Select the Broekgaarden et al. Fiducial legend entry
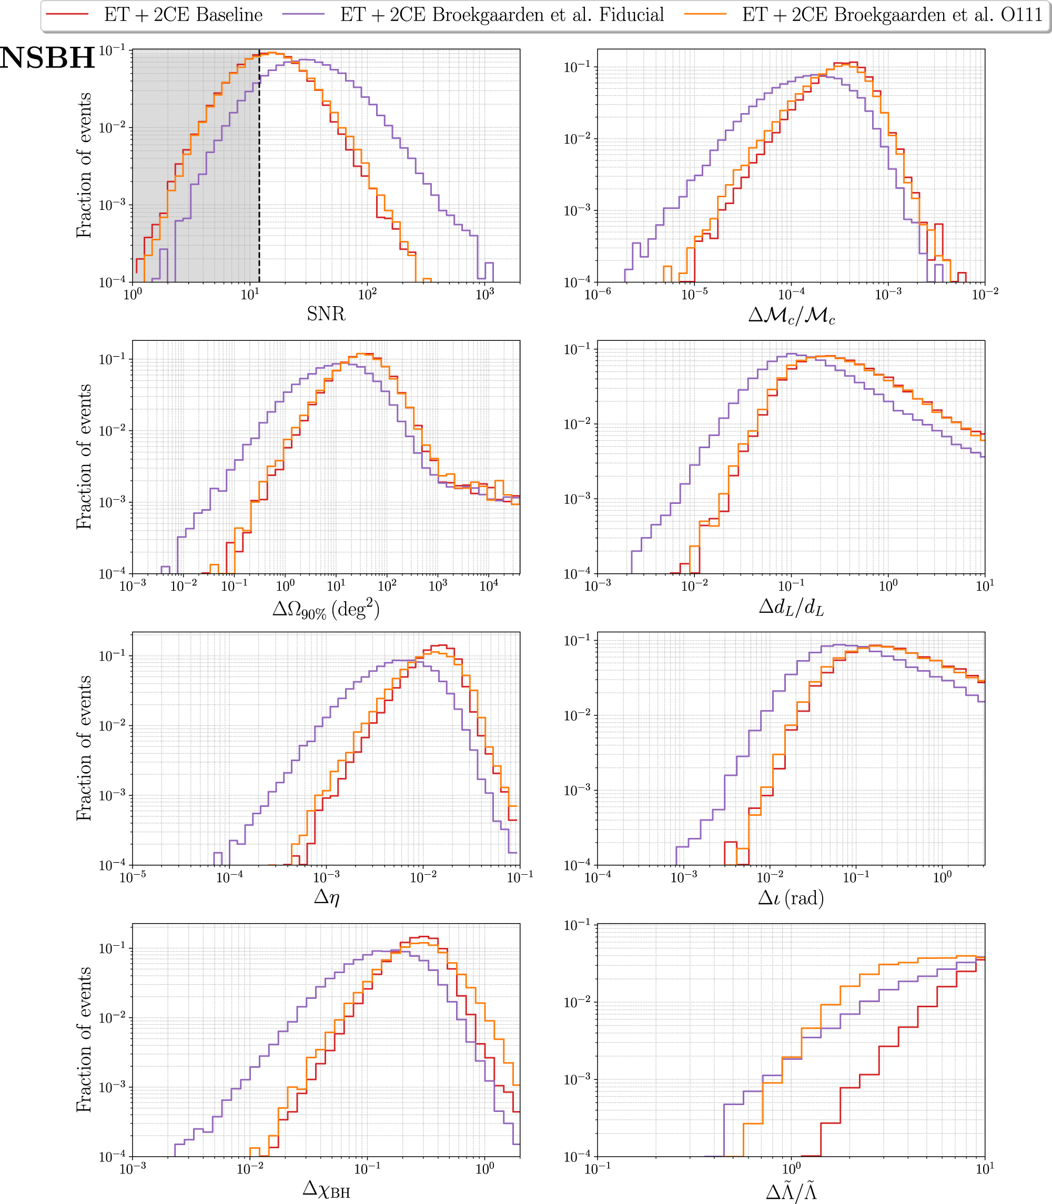[502, 15]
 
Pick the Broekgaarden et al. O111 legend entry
[892, 15]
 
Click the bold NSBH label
[47, 58]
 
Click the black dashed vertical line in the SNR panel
[259, 176]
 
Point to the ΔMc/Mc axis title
[791, 316]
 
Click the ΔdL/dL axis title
[791, 607]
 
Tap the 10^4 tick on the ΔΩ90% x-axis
[489, 585]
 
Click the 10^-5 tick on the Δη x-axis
[133, 877]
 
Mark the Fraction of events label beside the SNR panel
[84, 165]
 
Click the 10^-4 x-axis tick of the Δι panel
[598, 877]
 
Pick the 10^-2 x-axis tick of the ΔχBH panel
[250, 1169]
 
